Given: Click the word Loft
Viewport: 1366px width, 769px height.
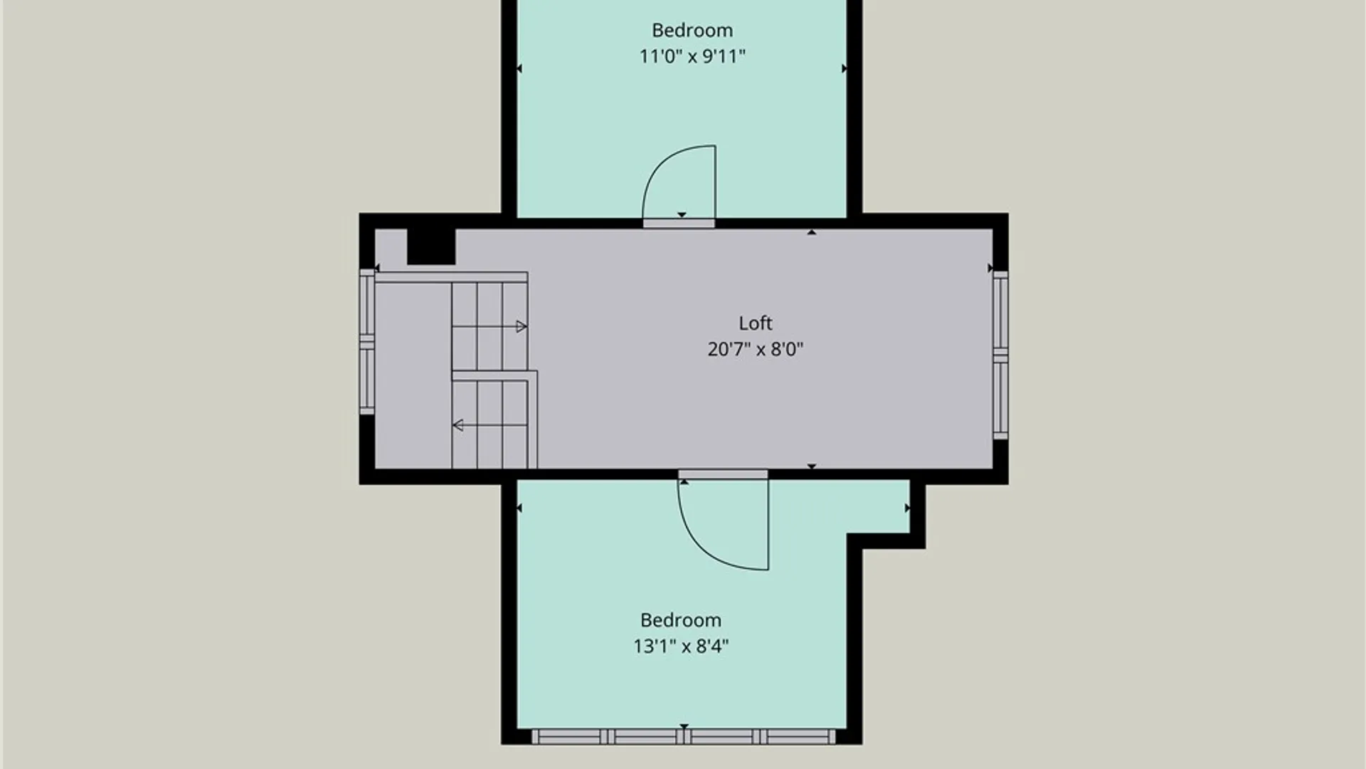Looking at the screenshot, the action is [x=755, y=323].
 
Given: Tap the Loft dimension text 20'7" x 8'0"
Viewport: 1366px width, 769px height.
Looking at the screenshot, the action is [x=755, y=349].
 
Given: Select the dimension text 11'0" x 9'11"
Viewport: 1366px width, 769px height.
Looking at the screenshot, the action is [x=692, y=56].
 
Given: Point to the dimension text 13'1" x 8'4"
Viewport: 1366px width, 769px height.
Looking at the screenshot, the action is [x=681, y=646].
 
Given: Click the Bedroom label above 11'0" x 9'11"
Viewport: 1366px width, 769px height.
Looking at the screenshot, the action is [x=692, y=31].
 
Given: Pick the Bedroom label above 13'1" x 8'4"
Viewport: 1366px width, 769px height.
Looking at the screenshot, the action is [x=680, y=620].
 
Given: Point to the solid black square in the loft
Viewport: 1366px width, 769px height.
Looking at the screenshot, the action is [x=431, y=246].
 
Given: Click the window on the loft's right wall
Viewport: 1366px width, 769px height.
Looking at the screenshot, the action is [x=1000, y=354].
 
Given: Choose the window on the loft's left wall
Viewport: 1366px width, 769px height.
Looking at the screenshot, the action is [x=367, y=341].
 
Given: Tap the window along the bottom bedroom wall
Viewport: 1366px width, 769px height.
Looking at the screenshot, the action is [x=683, y=736].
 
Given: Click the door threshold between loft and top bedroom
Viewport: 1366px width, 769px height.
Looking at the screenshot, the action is [x=679, y=224].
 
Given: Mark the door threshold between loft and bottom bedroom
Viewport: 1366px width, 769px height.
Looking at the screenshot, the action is [x=723, y=474].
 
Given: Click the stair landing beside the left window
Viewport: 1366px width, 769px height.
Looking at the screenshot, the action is [x=413, y=375].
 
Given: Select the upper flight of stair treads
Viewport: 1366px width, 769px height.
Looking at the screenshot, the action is [x=489, y=326].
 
